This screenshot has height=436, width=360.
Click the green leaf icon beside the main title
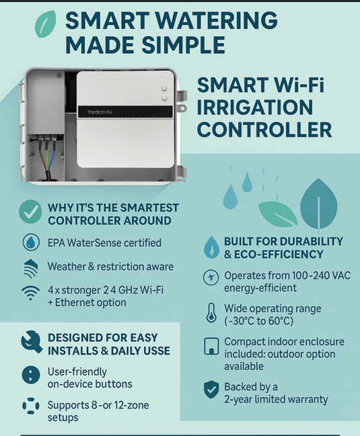coord(45,24)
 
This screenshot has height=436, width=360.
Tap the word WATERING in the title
coord(216,21)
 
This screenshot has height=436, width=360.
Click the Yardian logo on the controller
coord(96,112)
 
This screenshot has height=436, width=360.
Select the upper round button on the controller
coord(164,88)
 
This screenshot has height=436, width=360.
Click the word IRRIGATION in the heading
coord(255,108)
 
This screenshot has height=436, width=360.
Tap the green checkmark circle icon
coord(30,211)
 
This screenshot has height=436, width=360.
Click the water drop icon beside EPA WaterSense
coord(31,242)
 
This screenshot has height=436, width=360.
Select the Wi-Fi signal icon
coord(30,293)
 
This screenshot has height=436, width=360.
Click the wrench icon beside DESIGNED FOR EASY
coord(32,342)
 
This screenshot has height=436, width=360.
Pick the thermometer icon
coord(211,313)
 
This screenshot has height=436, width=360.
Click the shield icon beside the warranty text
coord(211,390)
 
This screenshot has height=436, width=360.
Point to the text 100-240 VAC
coord(321,276)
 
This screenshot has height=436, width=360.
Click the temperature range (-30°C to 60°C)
coord(259,321)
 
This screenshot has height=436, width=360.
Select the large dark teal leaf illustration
coord(319,204)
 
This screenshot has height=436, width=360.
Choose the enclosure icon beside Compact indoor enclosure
coord(211,347)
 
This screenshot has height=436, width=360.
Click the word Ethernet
coord(71,303)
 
